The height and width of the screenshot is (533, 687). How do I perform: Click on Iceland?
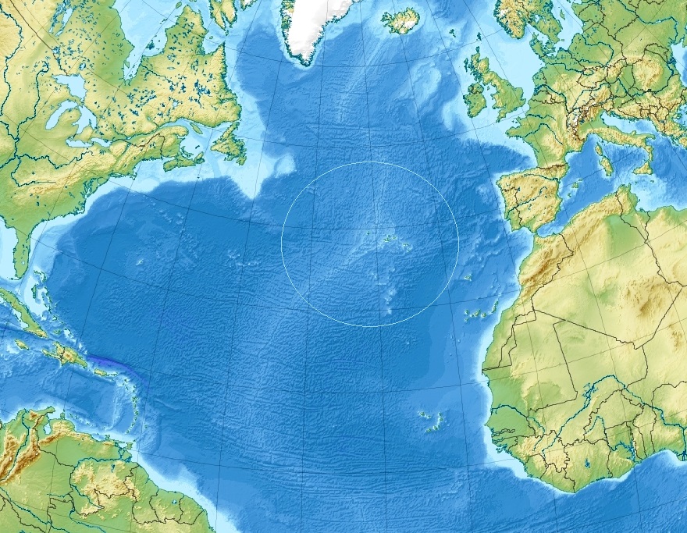pyautogui.click(x=400, y=20)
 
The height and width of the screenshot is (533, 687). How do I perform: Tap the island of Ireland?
pyautogui.click(x=475, y=94)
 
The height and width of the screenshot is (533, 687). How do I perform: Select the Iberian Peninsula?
pyautogui.click(x=531, y=195)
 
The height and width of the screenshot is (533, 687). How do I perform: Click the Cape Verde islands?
pyautogui.click(x=432, y=421)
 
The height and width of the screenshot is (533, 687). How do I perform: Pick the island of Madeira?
pyautogui.click(x=467, y=278)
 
